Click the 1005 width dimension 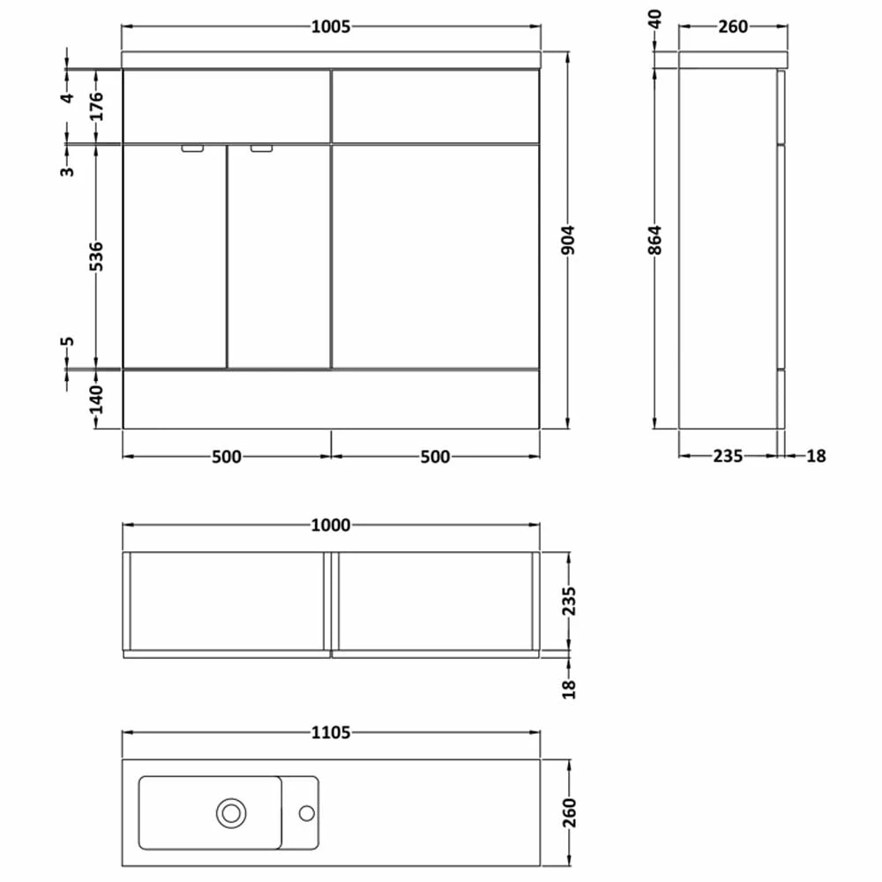(331, 26)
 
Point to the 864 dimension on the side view (654, 241)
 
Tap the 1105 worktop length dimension (331, 732)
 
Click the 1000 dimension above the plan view (331, 525)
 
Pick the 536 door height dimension (97, 256)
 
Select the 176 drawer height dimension (97, 106)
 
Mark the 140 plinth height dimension (97, 400)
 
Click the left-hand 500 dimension (226, 456)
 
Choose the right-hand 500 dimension (435, 456)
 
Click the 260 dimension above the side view (732, 26)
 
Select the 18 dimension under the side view (817, 456)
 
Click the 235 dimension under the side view (728, 456)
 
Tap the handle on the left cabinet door (191, 149)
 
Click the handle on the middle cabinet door (262, 149)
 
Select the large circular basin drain (232, 811)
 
